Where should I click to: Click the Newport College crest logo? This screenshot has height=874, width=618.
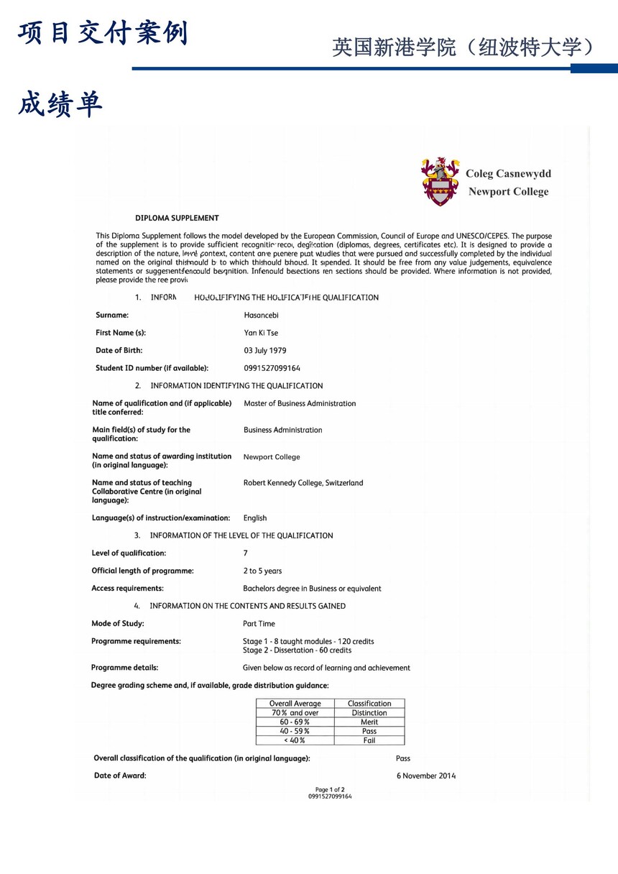pos(440,181)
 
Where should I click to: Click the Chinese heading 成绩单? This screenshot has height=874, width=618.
pos(60,105)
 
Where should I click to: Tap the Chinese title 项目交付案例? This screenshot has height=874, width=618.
pos(103,34)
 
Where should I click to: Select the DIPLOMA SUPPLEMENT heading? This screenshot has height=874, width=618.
pos(177,218)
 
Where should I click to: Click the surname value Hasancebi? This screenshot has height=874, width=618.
pos(261,315)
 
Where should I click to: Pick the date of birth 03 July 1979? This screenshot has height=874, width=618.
pos(265,351)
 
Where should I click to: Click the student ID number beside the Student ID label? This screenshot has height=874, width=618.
pos(272,368)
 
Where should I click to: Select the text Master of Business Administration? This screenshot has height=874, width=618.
pos(300,403)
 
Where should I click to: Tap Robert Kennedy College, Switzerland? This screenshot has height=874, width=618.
pos(303,483)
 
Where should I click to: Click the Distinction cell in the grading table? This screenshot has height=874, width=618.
pos(369,713)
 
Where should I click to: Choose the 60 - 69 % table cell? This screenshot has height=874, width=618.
pos(295,722)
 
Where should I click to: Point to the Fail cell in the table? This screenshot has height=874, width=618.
pos(369,740)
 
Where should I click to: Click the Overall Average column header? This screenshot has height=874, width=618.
pos(295,704)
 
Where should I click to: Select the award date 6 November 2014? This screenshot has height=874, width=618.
pos(426,776)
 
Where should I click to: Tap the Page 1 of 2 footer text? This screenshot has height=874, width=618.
pos(330,789)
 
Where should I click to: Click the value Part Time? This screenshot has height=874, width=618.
pos(259,624)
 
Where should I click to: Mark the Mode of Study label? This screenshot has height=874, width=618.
pos(118,624)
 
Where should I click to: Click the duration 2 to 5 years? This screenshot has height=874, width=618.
pos(262,571)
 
